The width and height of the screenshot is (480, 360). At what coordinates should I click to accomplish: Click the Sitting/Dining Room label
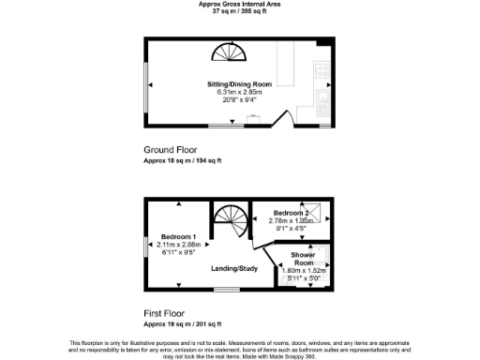click(x=239, y=84)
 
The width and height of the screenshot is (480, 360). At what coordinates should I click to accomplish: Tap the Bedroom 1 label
click(x=177, y=236)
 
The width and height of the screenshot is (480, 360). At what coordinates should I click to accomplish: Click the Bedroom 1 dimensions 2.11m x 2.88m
click(x=178, y=244)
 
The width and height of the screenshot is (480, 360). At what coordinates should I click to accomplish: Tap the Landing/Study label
click(x=233, y=269)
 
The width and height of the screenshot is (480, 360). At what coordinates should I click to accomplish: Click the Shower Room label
click(x=302, y=259)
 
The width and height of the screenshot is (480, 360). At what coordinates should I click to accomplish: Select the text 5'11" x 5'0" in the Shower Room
click(x=303, y=278)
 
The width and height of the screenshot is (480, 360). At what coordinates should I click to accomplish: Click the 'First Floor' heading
click(x=164, y=313)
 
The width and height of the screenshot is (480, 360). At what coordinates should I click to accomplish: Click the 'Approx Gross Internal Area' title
click(x=239, y=4)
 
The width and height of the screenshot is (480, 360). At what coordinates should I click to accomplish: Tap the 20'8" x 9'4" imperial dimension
click(x=239, y=100)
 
